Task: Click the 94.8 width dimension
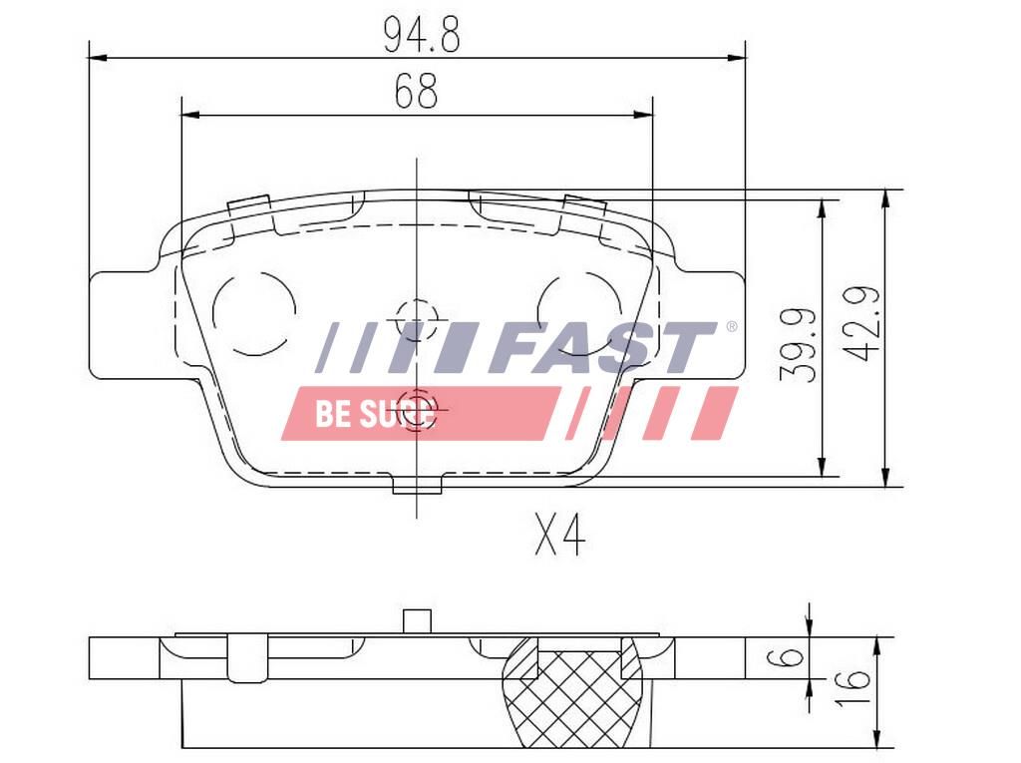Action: tap(422, 35)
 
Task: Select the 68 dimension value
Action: tap(416, 91)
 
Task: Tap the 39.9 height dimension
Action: tap(799, 344)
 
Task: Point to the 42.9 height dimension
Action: tap(861, 323)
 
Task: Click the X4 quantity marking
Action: tap(559, 534)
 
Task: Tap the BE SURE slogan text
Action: tap(375, 413)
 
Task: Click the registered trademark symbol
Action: tap(731, 326)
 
